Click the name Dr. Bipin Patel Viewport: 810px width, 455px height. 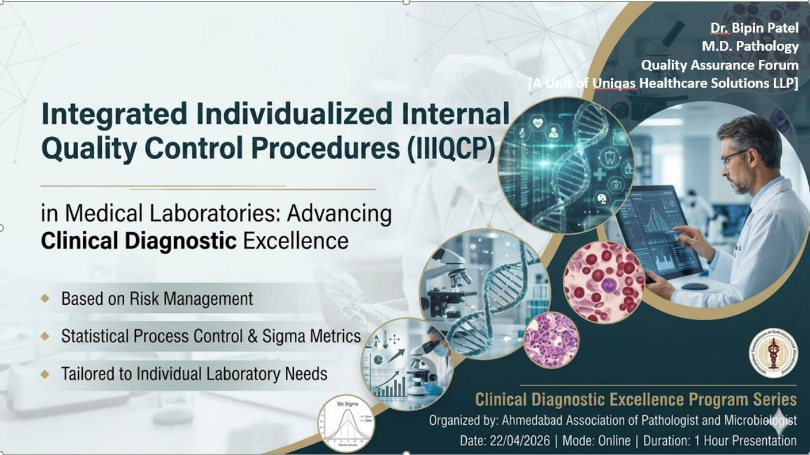coord(754,28)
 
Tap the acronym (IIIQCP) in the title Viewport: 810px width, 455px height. coord(451,148)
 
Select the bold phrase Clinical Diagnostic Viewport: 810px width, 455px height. coord(139,241)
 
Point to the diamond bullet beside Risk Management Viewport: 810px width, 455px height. coord(45,298)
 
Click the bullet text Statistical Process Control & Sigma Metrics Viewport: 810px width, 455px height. coord(211,336)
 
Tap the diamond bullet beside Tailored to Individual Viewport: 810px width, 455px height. coord(45,374)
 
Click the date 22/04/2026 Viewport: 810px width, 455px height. coord(519,441)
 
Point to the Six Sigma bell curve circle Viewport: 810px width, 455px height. coord(346,423)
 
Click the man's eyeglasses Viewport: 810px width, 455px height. coord(733,157)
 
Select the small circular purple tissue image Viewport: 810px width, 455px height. coord(551,340)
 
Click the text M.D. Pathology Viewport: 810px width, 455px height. coord(750,46)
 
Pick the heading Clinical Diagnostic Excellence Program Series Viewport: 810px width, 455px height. coord(635,399)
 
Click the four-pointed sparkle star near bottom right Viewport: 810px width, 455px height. coord(780,422)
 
